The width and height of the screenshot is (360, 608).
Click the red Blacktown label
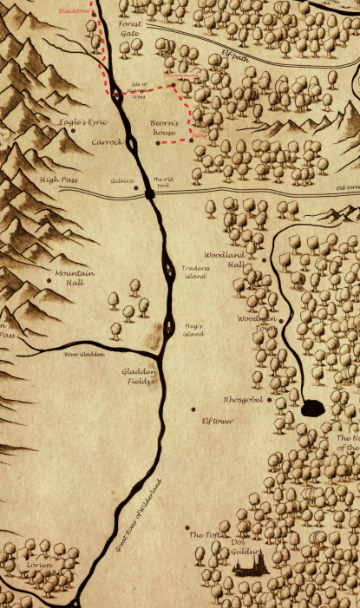73,11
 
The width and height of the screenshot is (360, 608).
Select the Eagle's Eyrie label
83,123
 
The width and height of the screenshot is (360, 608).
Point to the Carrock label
108,141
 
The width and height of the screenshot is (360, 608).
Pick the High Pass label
59,180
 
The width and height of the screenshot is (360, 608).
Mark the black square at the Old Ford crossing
151,194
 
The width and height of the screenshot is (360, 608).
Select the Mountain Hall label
74,278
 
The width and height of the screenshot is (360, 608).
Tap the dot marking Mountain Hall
48,281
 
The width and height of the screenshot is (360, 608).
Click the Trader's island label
195,272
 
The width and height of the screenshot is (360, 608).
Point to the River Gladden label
84,355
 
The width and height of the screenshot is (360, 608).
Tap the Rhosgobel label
242,401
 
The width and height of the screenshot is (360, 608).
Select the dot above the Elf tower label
193,409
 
